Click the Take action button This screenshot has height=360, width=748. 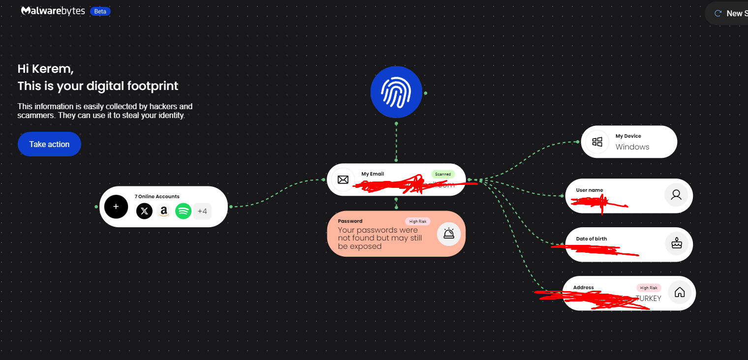(49, 144)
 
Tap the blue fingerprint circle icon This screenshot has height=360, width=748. (396, 92)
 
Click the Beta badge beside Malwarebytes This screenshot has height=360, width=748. (100, 11)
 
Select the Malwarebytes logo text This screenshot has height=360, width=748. (53, 11)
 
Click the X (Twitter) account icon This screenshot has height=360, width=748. (144, 211)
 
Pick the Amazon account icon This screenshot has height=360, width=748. (164, 211)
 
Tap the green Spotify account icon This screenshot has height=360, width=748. (183, 211)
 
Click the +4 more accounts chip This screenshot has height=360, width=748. (202, 211)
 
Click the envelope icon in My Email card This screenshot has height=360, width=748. (343, 180)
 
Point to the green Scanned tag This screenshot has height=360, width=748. (443, 174)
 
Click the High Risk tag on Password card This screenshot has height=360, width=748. (418, 221)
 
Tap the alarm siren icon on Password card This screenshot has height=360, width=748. (448, 234)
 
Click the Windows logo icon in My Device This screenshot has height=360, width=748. (597, 142)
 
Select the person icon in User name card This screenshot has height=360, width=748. (676, 195)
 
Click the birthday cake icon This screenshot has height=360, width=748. (677, 243)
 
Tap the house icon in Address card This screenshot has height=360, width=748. (680, 292)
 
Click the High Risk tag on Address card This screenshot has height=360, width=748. (649, 288)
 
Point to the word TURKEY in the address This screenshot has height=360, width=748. (649, 299)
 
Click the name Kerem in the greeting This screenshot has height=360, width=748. (59, 69)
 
